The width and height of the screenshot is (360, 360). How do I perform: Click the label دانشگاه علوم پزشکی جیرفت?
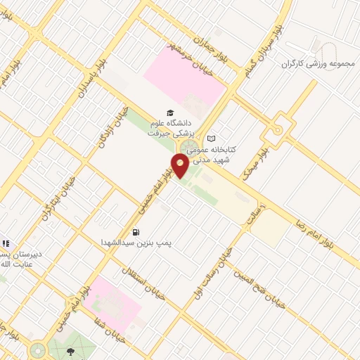coord(174,127)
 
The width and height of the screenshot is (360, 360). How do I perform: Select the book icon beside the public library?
coord(212,138)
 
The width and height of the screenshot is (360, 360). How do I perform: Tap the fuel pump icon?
coord(135,232)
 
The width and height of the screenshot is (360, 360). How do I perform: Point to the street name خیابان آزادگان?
coord(113,127)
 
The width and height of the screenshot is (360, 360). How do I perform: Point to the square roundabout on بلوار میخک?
coord(278,129)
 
